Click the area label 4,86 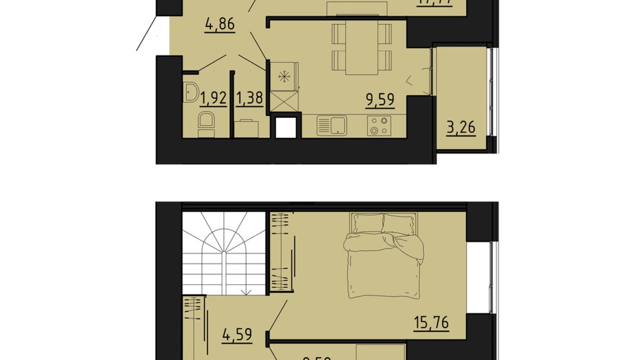point(220,24)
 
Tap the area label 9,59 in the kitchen point(380,100)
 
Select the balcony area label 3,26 point(461,127)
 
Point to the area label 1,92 point(213,98)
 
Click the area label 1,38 point(249,98)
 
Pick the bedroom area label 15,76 point(431,322)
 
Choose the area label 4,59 point(237,335)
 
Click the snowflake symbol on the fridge point(284,76)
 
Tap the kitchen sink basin point(338,125)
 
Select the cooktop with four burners point(379,126)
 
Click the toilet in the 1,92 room point(206,122)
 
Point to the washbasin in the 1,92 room point(190,92)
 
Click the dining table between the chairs point(362,47)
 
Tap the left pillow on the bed point(368,223)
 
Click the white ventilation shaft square point(286,128)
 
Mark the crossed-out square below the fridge point(284,101)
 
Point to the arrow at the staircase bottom point(246,292)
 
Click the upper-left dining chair point(339,34)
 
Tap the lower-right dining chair point(385,60)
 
